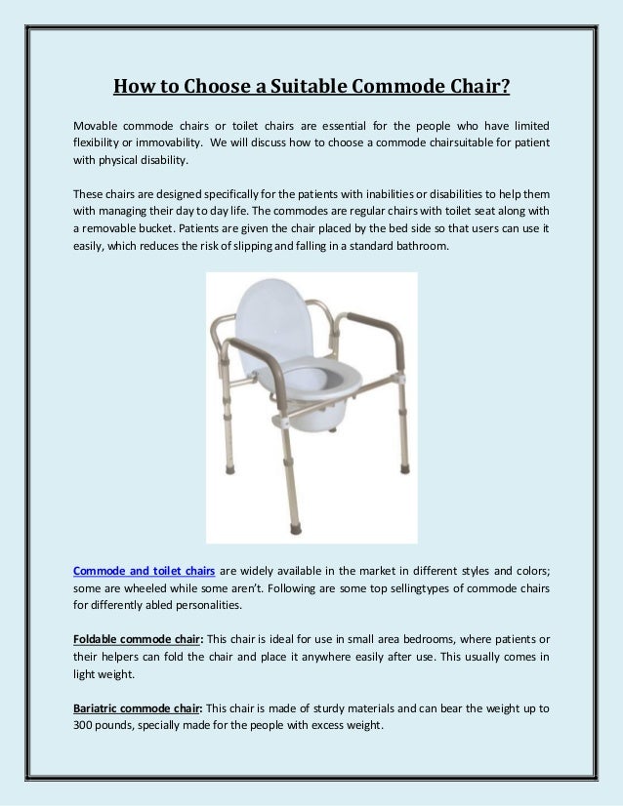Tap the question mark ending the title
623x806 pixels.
coord(506,87)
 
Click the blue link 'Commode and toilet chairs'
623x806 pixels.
coord(145,571)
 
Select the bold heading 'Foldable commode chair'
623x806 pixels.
coord(137,638)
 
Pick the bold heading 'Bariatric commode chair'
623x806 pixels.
coord(138,707)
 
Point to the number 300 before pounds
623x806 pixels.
coord(85,726)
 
